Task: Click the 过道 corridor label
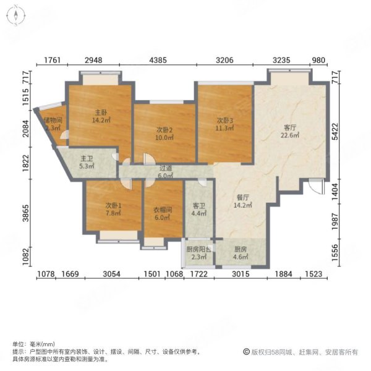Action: click(x=164, y=167)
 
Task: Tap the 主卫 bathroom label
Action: click(x=86, y=158)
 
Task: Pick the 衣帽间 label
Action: click(x=163, y=210)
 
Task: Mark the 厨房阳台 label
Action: click(x=198, y=249)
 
